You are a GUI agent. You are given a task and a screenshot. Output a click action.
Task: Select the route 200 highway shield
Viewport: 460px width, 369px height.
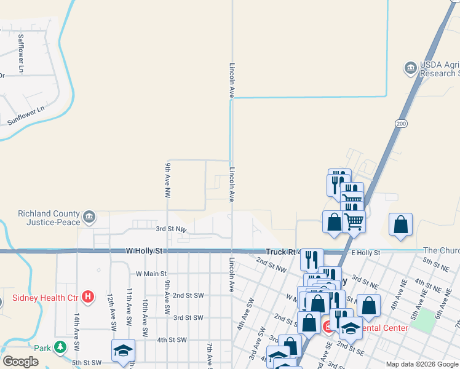401,124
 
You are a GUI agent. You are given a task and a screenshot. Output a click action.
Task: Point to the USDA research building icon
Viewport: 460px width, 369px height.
410,68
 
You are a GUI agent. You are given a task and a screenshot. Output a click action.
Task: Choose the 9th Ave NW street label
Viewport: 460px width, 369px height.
167,179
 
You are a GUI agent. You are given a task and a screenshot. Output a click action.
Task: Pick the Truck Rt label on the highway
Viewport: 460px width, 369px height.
282,252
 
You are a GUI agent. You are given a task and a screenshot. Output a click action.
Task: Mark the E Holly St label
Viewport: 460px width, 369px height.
365,252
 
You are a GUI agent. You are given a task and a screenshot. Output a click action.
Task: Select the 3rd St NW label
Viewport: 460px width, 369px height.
171,229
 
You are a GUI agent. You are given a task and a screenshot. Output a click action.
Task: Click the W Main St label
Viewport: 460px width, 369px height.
151,273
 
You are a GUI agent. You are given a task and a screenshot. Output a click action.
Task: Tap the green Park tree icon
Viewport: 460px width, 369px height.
60,347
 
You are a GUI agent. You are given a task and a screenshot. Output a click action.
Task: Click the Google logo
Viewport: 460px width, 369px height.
20,362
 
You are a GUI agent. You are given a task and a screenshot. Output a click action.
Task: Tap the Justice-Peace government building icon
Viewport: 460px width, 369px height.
89,216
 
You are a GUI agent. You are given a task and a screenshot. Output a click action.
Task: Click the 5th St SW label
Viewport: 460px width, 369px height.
86,363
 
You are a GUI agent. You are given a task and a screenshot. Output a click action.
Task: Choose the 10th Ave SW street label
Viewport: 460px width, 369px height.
145,313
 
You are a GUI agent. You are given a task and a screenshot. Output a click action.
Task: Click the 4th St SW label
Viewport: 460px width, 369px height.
172,339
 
